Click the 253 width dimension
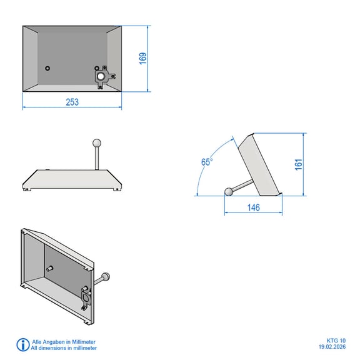pos(72,102)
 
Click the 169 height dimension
pos(142,59)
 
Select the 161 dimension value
pos(299,164)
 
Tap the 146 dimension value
pos(254,207)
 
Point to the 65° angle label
pos(207,162)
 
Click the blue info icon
pos(22,344)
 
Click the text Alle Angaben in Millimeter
pos(64,342)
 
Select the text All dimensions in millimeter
pos(64,348)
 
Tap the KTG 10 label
pos(336,341)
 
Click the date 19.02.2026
pos(332,347)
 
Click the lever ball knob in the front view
pos(97,143)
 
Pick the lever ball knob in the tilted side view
pos(229,192)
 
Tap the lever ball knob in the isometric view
pos(106,276)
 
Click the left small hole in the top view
pos(47,68)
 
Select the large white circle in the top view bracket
pos(101,76)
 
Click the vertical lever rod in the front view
pos(97,158)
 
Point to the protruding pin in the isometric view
pos(49,268)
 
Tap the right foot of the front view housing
pos(116,189)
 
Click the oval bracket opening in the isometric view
pos(86,297)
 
